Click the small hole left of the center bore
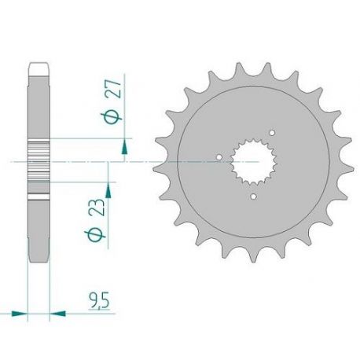pyautogui.click(x=217, y=163)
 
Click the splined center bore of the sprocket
pyautogui.click(x=249, y=163)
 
